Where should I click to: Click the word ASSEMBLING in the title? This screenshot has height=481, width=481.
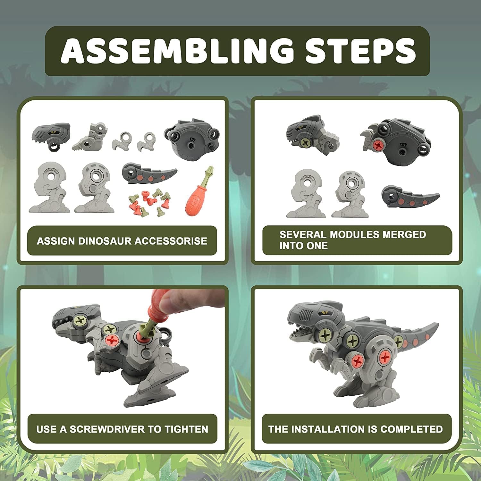[x=177, y=51]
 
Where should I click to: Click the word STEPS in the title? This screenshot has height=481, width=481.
[x=360, y=51]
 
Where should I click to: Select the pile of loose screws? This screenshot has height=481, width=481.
[x=149, y=202]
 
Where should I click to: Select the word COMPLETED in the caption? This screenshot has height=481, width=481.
[x=411, y=429]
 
